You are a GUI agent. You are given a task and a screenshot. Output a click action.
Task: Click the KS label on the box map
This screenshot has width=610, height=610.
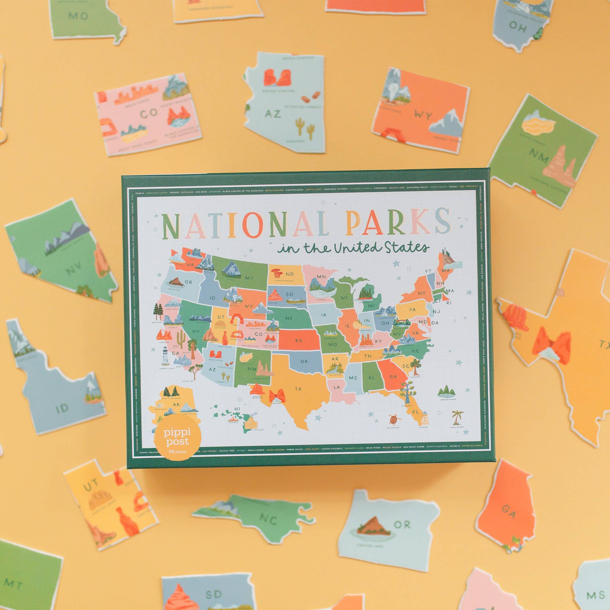(299, 340)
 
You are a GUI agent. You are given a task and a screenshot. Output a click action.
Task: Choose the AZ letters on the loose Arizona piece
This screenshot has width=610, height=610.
(272, 113)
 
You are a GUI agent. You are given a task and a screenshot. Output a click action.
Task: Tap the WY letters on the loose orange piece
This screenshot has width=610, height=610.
(423, 115)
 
